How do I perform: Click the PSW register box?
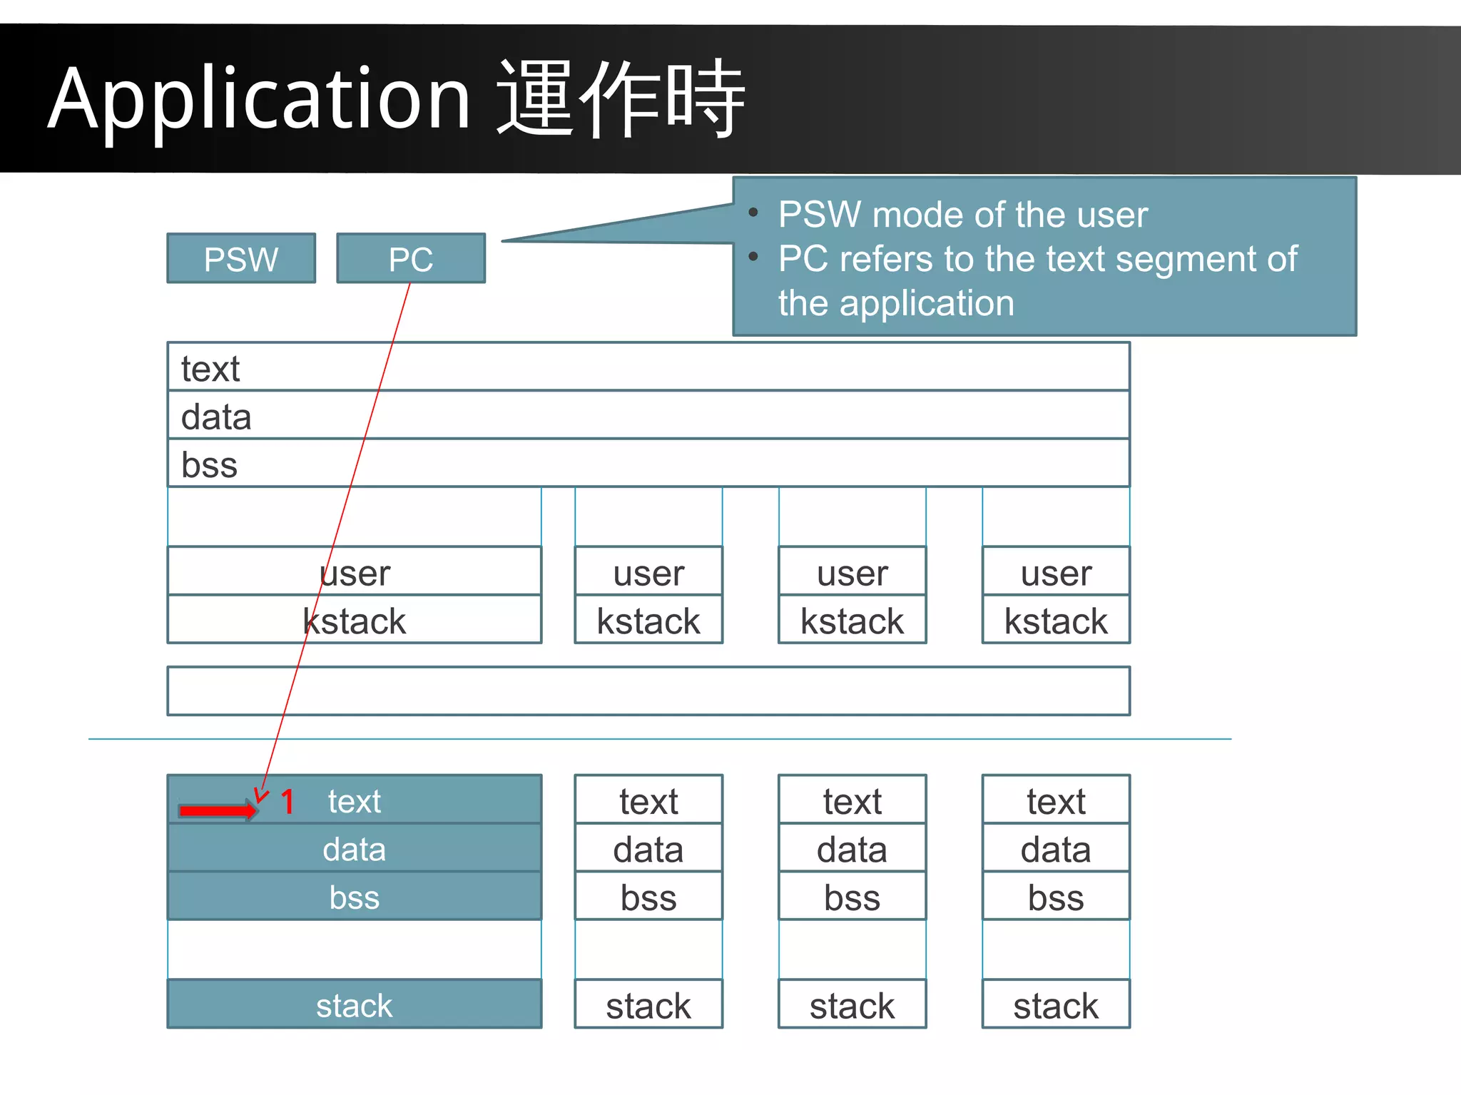coord(241,258)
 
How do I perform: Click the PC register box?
coord(411,258)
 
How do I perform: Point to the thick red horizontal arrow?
coord(217,810)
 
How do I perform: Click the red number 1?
coord(287,802)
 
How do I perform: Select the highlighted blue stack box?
coord(354,1004)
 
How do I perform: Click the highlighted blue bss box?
coord(354,897)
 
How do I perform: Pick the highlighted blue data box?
coord(354,849)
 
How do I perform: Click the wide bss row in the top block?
coord(648,464)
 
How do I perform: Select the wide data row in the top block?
coord(648,416)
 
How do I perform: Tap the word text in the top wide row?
coord(210,369)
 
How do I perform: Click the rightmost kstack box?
coord(1056,621)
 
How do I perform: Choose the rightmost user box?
coord(1056,572)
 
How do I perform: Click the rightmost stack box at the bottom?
coord(1056,1004)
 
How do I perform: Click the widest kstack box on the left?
coord(354,621)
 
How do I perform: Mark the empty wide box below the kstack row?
coord(648,691)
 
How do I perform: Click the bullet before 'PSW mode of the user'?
coord(753,213)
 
